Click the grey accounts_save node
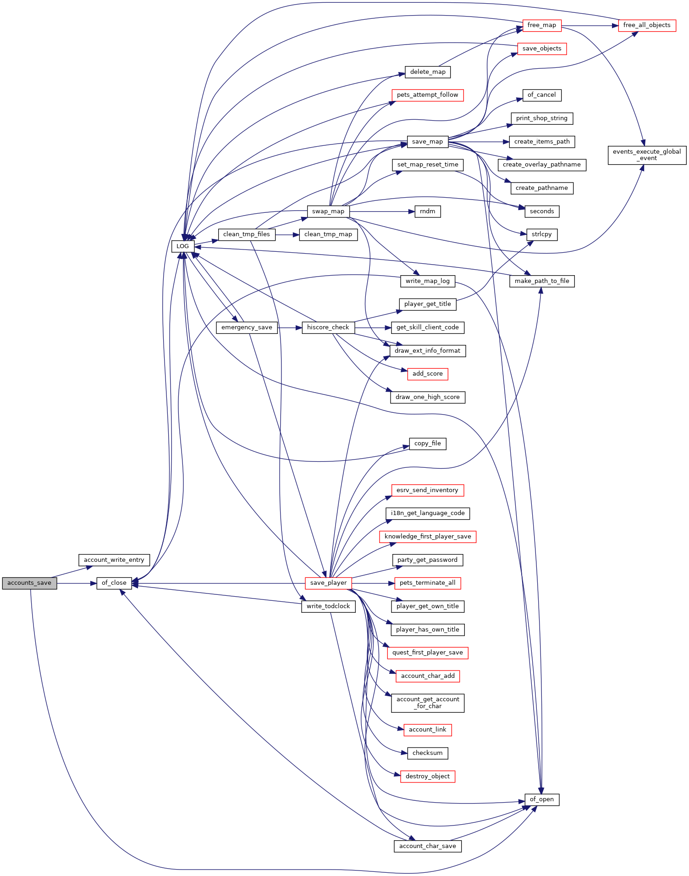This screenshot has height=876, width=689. [29, 583]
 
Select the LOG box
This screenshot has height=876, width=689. [182, 246]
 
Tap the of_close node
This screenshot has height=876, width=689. [114, 583]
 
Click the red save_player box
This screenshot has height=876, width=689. [328, 583]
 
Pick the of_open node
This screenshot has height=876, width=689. [542, 799]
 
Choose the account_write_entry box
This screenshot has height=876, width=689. [114, 560]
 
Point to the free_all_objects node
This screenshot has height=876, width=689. [647, 25]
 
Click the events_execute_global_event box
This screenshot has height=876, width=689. [647, 155]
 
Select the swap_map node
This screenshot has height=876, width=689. [328, 211]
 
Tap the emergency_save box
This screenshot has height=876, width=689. [247, 327]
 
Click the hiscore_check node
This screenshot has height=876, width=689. [328, 327]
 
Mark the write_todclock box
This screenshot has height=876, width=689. [328, 606]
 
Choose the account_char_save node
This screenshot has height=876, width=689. [428, 846]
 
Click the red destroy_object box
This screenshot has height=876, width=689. [428, 776]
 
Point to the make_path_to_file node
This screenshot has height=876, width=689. [542, 281]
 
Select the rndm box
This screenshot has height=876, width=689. [428, 211]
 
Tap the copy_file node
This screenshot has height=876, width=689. [428, 444]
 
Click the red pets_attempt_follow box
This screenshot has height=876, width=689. [428, 95]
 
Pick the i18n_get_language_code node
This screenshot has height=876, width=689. [428, 513]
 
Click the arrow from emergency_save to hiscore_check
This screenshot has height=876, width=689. [290, 327]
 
